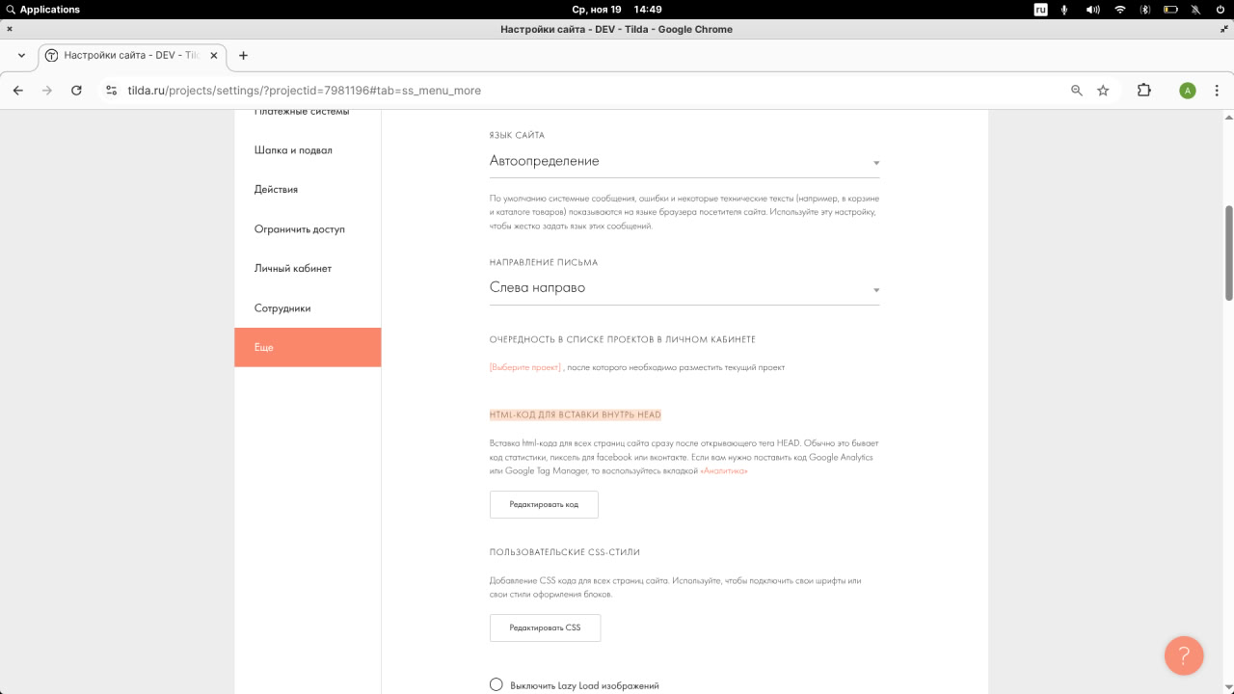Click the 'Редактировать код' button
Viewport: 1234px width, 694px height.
pos(544,505)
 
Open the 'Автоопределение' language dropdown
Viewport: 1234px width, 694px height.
pos(684,162)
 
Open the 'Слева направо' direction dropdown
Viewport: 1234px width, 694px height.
pos(684,288)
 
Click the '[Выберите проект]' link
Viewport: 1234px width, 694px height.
pos(525,367)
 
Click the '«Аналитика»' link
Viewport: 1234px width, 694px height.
pos(724,471)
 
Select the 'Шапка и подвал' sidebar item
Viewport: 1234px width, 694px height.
pos(293,150)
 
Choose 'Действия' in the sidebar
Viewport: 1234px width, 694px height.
pos(276,190)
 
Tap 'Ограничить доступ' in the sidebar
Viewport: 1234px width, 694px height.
pos(299,229)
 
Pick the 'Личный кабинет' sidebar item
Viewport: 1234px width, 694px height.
pos(292,269)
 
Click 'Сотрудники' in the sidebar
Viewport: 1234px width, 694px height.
pos(282,308)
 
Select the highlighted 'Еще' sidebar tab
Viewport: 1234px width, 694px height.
pos(308,347)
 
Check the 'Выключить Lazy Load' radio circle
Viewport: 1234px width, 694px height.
pos(496,684)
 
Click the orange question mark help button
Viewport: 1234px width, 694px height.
pos(1184,655)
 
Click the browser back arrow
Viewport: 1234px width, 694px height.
pos(18,91)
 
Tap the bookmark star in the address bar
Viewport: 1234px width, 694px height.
pos(1104,91)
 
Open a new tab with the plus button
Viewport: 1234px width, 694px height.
pos(243,55)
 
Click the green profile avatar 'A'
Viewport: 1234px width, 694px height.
pos(1188,91)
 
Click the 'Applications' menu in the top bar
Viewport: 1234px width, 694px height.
pos(49,9)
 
